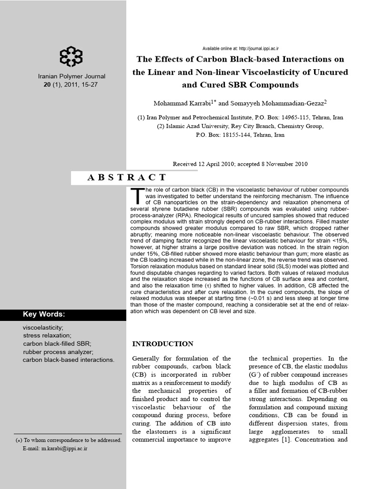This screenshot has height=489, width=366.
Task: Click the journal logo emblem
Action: (71, 56)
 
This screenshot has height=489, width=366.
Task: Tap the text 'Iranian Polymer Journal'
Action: (71, 76)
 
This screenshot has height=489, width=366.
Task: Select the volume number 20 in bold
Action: (47, 85)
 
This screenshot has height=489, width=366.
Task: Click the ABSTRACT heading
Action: (127, 177)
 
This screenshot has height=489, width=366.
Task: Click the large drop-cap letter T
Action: (137, 196)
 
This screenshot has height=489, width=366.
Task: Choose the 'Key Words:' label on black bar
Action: (44, 314)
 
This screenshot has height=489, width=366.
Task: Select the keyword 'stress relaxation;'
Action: (47, 335)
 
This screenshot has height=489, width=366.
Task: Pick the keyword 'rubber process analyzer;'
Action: (58, 351)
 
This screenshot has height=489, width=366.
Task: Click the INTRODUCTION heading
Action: (163, 344)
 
